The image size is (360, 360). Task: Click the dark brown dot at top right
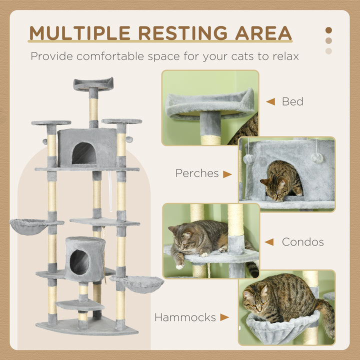(x=328, y=30)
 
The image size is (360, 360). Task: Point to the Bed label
(x=292, y=101)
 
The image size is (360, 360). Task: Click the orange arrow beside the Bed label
(x=270, y=101)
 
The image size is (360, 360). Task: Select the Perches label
(x=197, y=173)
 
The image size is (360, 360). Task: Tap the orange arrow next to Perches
(x=227, y=174)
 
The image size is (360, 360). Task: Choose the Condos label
(x=302, y=242)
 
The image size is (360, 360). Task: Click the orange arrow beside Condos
(x=269, y=242)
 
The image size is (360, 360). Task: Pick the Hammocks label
(x=185, y=317)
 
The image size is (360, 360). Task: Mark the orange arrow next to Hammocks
(x=224, y=317)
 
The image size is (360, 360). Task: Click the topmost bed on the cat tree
(x=93, y=84)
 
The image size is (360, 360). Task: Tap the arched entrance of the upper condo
(x=83, y=154)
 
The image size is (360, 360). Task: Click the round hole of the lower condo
(x=79, y=262)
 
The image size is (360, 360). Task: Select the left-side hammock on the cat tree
(x=30, y=226)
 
